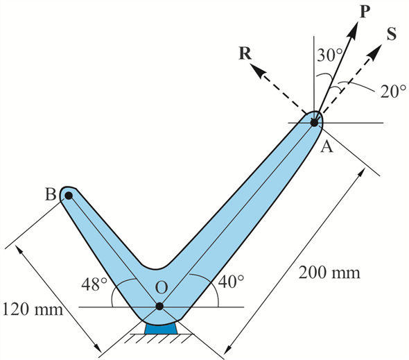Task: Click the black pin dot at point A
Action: tap(314, 122)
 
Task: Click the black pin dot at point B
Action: tap(69, 196)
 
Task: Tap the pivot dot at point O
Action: tap(159, 306)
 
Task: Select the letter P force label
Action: tap(365, 12)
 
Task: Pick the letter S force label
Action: tap(392, 34)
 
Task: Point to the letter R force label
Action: tap(245, 53)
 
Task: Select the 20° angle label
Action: tap(393, 92)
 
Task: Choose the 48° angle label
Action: tap(94, 284)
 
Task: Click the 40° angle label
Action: tap(232, 282)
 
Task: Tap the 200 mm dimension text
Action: tap(329, 273)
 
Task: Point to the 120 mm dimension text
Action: tap(33, 310)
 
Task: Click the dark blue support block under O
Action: tap(162, 328)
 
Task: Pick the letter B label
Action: tap(51, 194)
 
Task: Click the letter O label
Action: tap(161, 287)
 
